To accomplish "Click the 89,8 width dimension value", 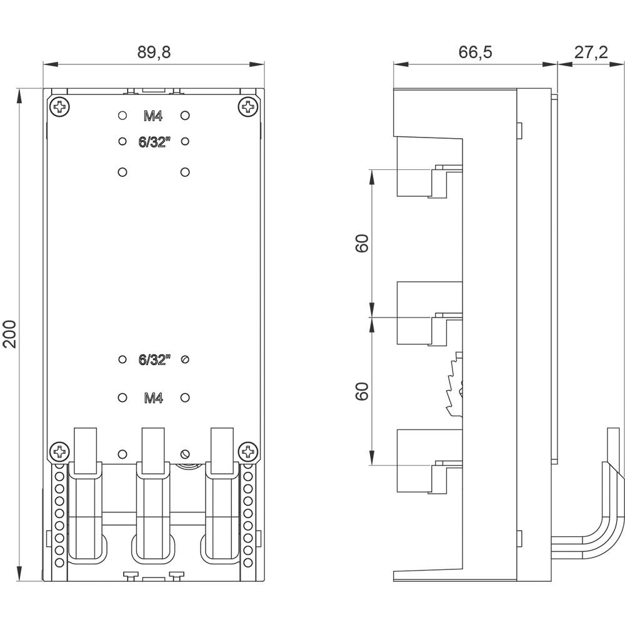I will [154, 52].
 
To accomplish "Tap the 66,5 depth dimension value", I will [475, 52].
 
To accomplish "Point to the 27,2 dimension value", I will [591, 52].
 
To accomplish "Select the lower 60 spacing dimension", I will [361, 391].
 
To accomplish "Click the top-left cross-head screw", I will [60, 107].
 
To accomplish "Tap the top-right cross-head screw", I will [248, 107].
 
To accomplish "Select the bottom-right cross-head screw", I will [248, 450].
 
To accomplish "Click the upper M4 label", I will [154, 116].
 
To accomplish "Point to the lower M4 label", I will [154, 397].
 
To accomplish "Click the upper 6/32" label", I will [154, 142].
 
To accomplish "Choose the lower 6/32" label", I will [154, 359].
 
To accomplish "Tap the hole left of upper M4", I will [122, 116].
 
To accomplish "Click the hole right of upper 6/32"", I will [185, 142].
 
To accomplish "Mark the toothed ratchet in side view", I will [453, 387].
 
